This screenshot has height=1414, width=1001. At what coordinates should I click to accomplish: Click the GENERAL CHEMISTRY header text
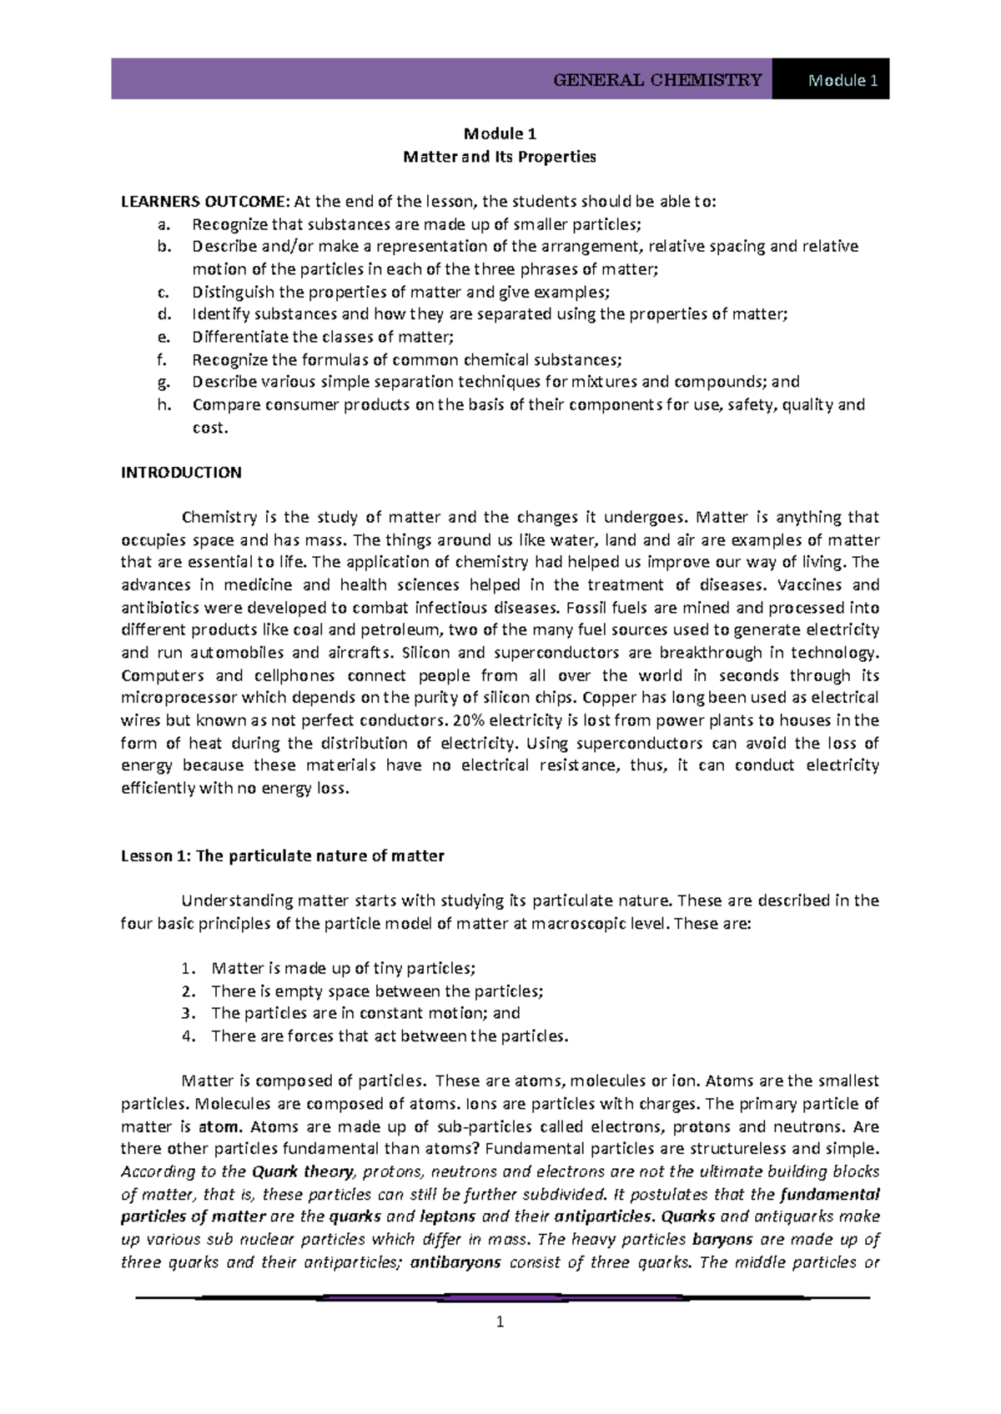pyautogui.click(x=657, y=80)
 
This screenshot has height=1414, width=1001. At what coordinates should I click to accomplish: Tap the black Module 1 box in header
pyautogui.click(x=830, y=80)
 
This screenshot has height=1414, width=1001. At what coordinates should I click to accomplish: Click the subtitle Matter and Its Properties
pyautogui.click(x=500, y=157)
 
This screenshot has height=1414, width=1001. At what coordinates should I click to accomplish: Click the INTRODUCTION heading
pyautogui.click(x=181, y=473)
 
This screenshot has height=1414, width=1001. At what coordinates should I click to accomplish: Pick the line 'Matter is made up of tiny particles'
pyautogui.click(x=344, y=969)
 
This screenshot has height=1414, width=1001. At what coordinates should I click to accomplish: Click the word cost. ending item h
pyautogui.click(x=209, y=428)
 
